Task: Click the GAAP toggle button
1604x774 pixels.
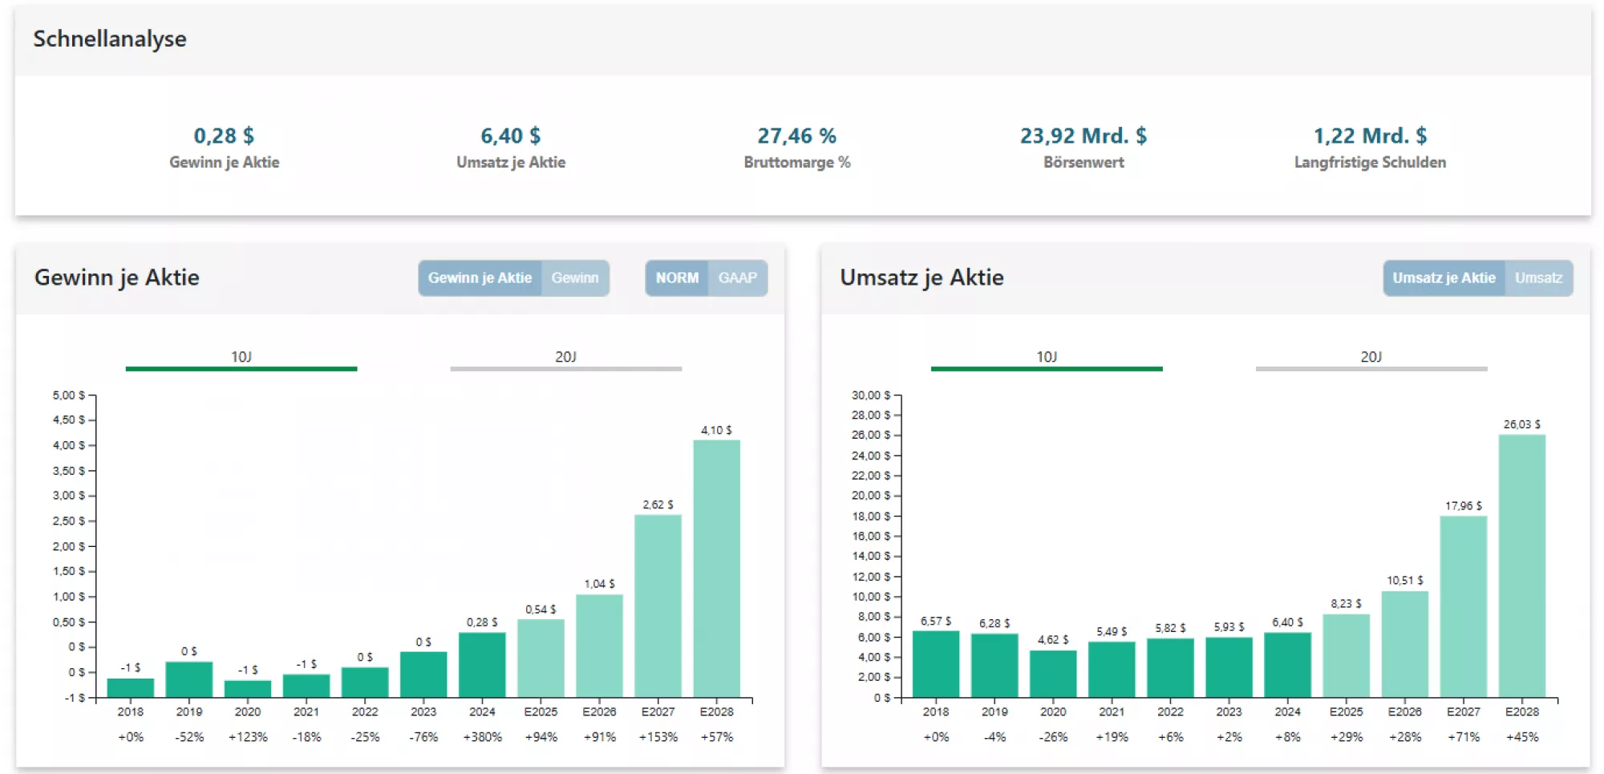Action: (737, 278)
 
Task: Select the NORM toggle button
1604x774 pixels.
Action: (677, 278)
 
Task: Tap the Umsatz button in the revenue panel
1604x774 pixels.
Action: (1537, 278)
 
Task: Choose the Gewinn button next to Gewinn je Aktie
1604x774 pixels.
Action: (574, 278)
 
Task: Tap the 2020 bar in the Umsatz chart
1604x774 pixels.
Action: (1052, 673)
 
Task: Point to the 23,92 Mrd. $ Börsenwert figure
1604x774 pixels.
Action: (1083, 136)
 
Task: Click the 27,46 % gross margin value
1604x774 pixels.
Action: (796, 136)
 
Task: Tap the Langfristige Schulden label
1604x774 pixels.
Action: (1370, 162)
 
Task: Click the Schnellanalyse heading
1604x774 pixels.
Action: (110, 38)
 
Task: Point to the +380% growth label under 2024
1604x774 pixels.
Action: (482, 736)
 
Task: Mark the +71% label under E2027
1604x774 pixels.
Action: (1463, 736)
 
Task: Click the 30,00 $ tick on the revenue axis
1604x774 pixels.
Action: (871, 395)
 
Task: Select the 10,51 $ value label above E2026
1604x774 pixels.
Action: (1404, 580)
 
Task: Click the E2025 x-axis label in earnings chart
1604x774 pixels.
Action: (541, 711)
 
